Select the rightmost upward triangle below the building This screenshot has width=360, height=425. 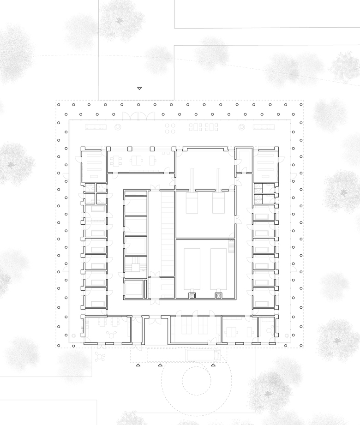pos(213,365)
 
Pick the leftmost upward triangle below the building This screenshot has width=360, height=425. pos(138,365)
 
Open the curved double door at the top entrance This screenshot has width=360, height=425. pos(137,116)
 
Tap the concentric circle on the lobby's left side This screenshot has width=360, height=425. pos(118,126)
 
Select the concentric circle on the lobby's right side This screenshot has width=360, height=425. pos(240,127)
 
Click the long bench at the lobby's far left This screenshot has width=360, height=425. pos(96,126)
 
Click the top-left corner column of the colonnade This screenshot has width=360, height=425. pos(59,105)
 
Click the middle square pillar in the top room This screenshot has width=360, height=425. pos(152,149)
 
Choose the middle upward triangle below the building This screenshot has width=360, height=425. pos(160,365)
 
